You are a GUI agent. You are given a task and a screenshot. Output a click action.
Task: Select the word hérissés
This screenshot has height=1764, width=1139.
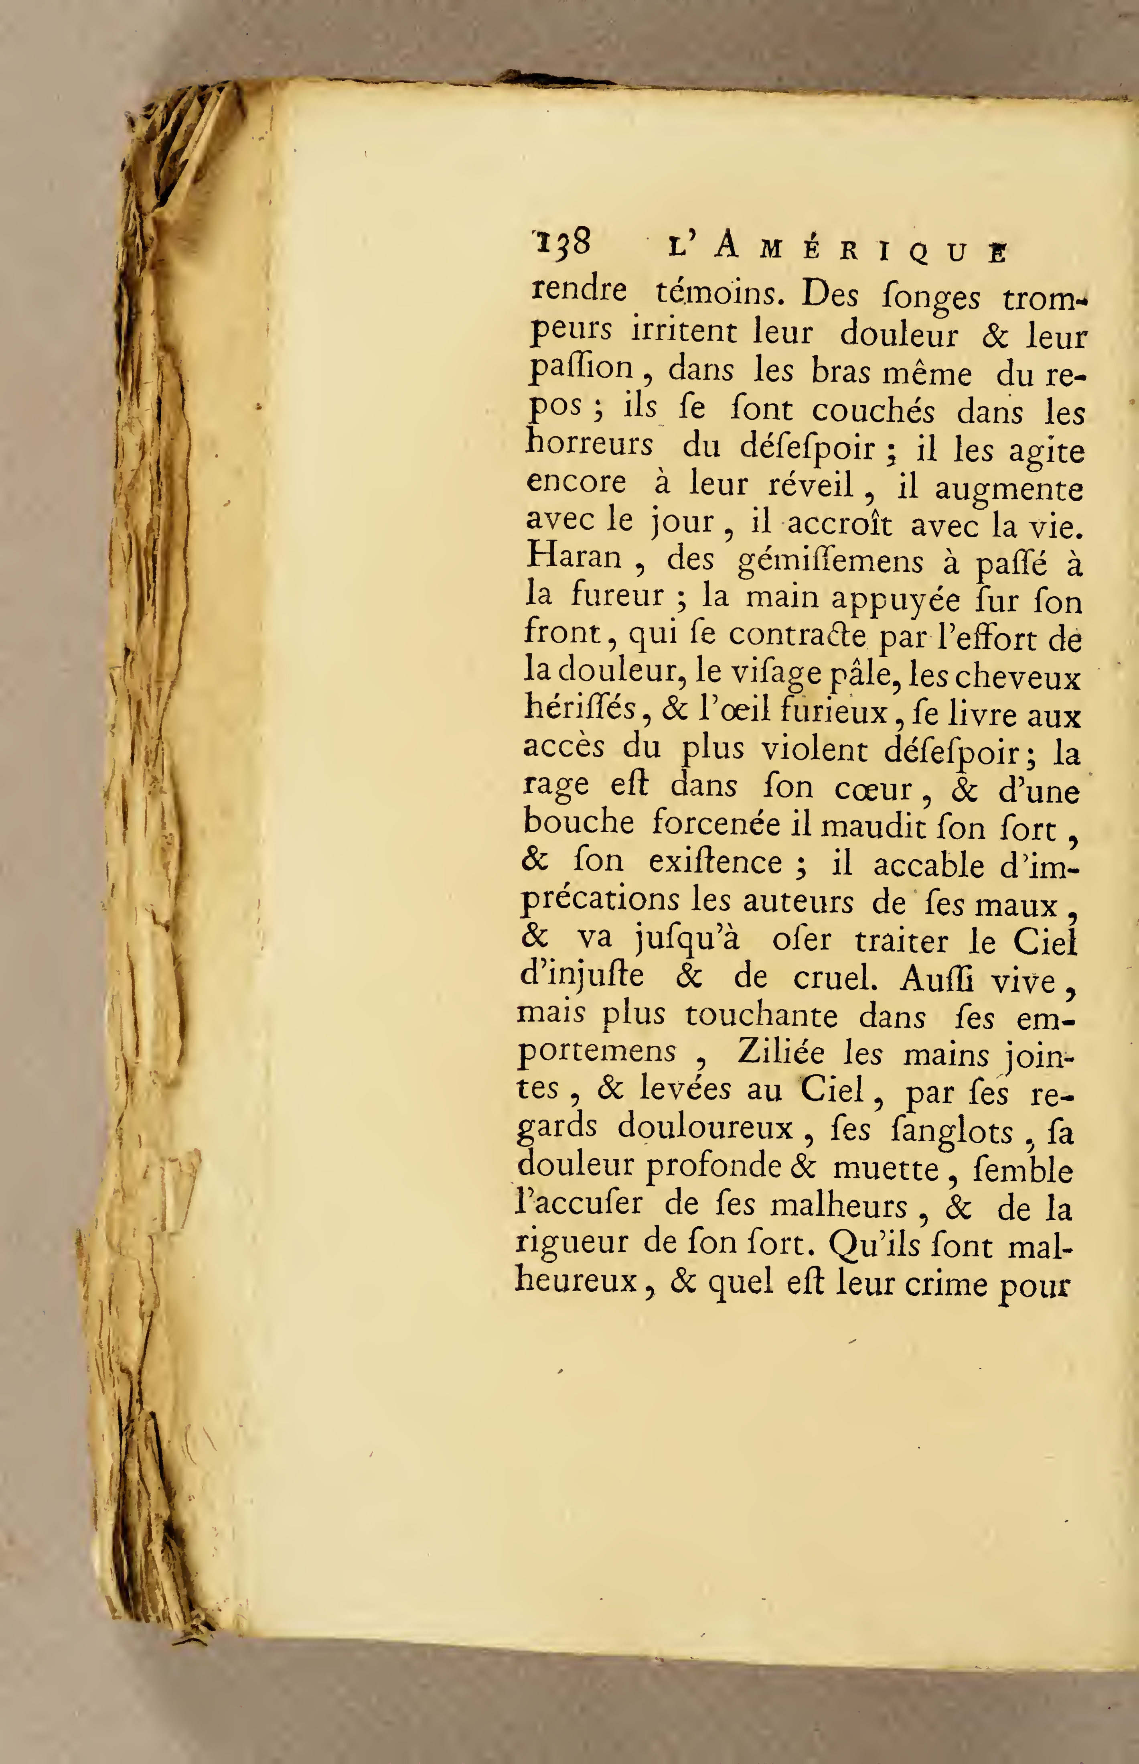(581, 709)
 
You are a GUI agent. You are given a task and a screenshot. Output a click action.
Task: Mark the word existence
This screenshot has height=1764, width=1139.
(715, 863)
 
